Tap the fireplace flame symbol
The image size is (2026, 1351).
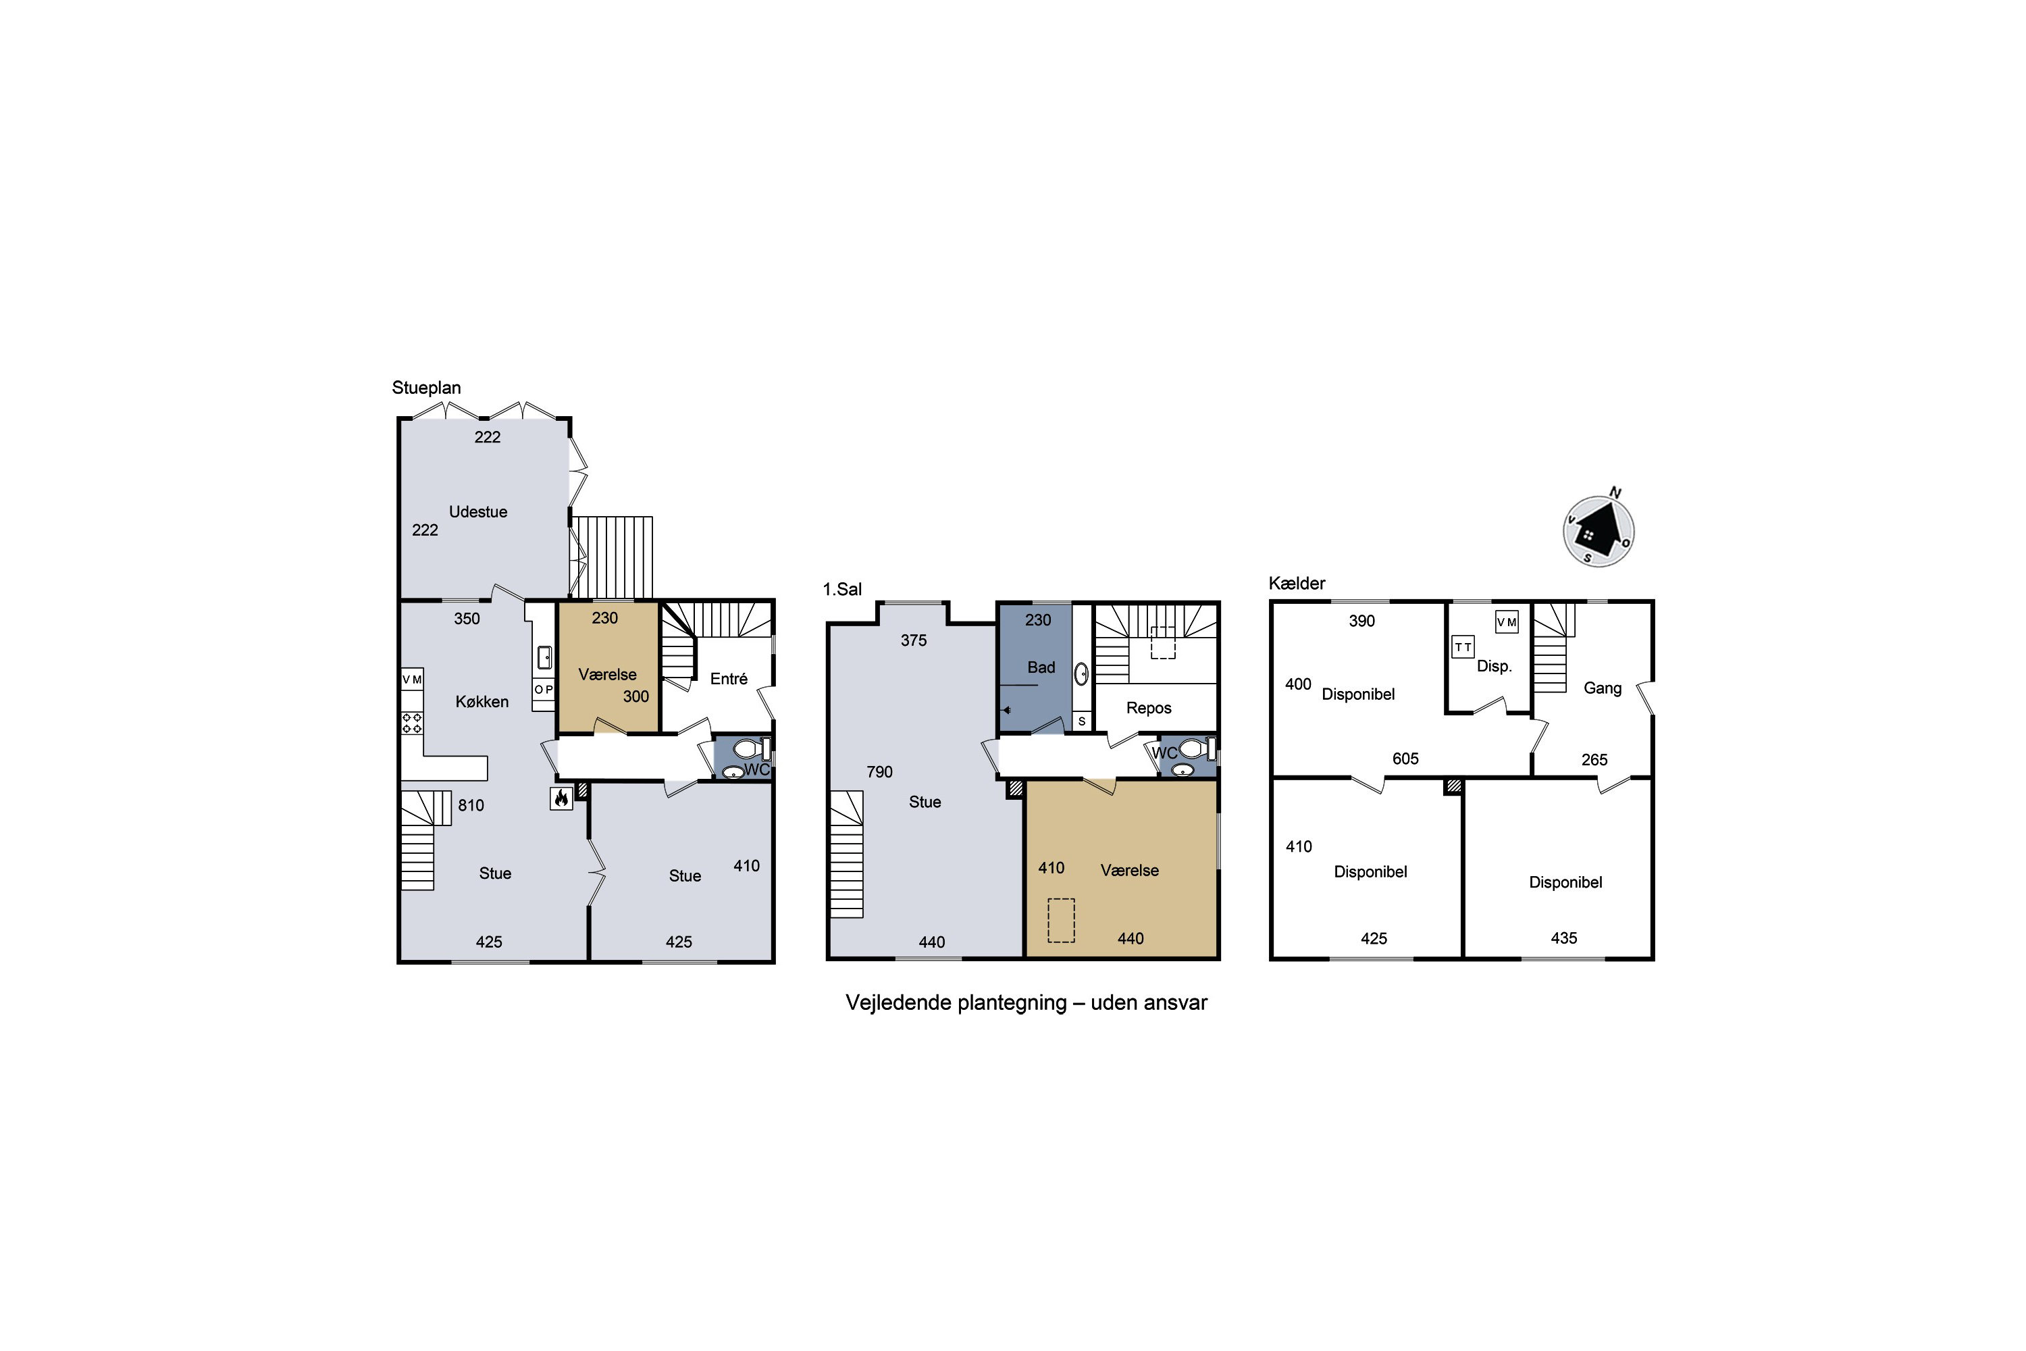coord(561,798)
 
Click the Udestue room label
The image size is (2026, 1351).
coord(478,512)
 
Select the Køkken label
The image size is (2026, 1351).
coord(482,701)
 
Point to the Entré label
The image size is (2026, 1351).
coord(729,679)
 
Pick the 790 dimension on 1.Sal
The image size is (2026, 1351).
coord(879,772)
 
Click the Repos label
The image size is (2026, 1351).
coord(1149,708)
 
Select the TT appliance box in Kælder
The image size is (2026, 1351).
coord(1463,647)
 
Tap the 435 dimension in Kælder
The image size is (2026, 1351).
coord(1563,938)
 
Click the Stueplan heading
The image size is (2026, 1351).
coord(426,388)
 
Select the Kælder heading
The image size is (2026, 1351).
coord(1297,584)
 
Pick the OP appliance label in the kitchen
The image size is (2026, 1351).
coord(544,689)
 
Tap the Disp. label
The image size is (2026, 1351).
coord(1494,666)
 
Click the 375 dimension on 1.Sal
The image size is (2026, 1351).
coord(914,640)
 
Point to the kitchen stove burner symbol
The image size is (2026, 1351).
coord(412,723)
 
